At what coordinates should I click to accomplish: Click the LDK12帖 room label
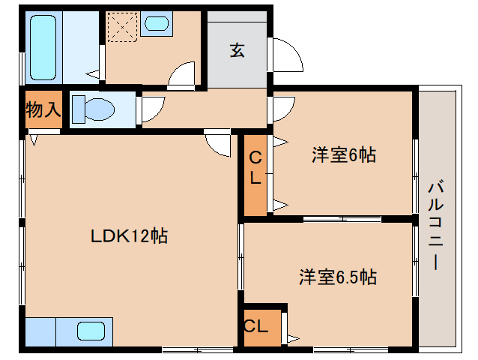(128, 236)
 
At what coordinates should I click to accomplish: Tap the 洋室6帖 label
(343, 155)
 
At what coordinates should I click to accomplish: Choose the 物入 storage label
(43, 109)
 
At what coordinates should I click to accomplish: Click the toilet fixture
(91, 108)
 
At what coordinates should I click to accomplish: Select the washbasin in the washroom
(157, 23)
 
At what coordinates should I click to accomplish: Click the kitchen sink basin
(92, 331)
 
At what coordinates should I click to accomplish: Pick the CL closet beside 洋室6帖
(255, 173)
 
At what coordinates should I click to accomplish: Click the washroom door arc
(182, 76)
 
